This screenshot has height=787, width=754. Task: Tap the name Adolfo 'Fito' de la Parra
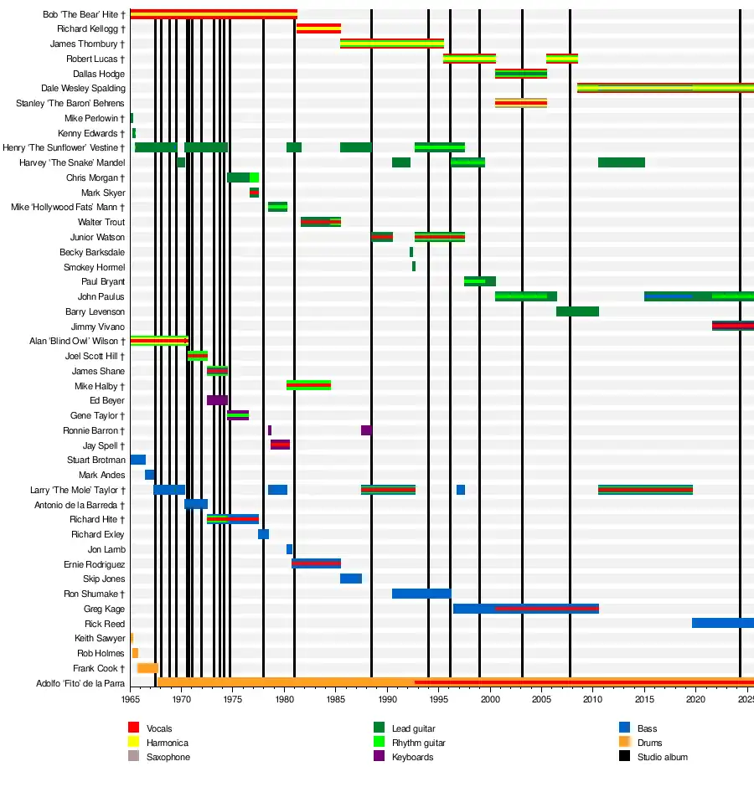coord(80,683)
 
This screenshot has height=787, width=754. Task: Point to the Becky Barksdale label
coord(92,252)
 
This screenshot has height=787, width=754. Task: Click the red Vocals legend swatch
coord(133,728)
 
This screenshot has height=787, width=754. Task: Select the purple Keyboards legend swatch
coord(379,757)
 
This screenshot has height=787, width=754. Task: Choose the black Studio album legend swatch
coord(624,757)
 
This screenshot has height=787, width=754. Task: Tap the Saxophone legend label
coord(168,757)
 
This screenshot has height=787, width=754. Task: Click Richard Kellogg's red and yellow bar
coord(318,28)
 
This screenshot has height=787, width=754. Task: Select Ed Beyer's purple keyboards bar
coord(217,400)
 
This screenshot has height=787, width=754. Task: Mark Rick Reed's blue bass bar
coord(722,624)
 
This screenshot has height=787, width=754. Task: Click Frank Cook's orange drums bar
coord(147,668)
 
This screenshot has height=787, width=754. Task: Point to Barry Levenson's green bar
coord(577,311)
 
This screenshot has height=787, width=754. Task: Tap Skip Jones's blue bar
coord(351,579)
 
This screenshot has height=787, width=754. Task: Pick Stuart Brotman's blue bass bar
coord(138,460)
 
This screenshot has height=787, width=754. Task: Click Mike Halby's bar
coord(308,385)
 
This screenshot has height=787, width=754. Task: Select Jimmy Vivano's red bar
coord(732,326)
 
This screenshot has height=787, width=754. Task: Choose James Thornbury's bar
coord(392,44)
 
